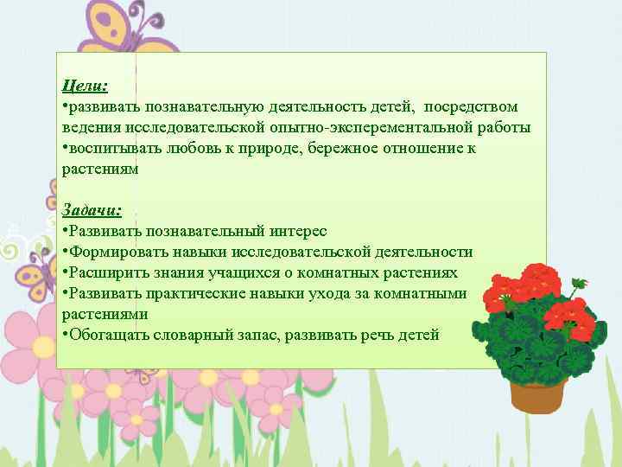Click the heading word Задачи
(x=91, y=211)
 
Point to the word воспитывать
(x=111, y=149)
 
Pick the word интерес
(x=299, y=232)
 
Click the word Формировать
(x=114, y=253)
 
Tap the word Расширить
(x=106, y=273)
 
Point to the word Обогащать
(x=108, y=335)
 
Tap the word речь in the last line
(x=380, y=335)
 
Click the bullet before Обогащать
(x=66, y=335)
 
